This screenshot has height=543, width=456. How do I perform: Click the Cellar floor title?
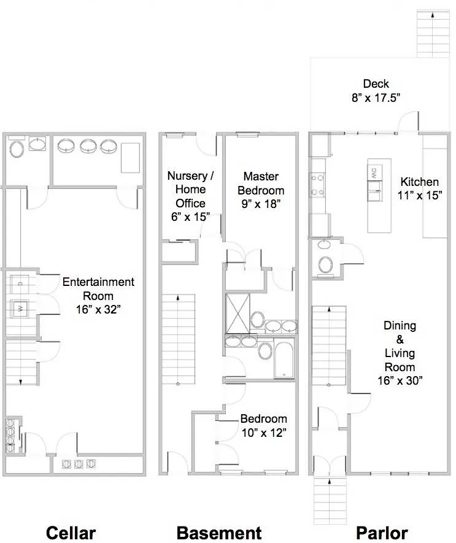[71, 532]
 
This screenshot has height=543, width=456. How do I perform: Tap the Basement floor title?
[219, 532]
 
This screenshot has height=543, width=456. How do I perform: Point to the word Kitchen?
[420, 182]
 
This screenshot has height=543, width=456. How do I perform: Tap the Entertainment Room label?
[98, 289]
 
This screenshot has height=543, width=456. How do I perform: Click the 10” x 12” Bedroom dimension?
[263, 433]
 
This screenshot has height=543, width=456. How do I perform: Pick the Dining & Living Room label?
[400, 346]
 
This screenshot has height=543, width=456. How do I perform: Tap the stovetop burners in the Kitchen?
[318, 185]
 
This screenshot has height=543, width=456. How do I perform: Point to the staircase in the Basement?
[178, 337]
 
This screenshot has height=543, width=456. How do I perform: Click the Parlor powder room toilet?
[325, 264]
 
